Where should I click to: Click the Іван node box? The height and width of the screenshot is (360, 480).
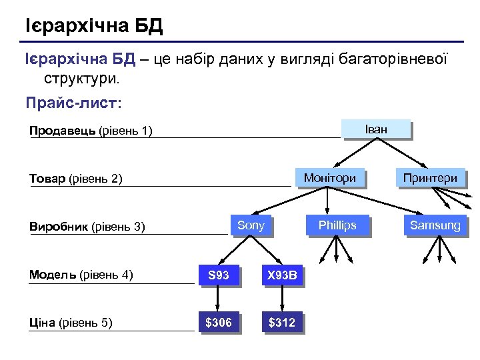click(x=375, y=129)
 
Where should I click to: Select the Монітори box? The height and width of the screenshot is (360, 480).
click(x=329, y=178)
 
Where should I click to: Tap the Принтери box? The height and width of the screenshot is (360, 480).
click(x=430, y=178)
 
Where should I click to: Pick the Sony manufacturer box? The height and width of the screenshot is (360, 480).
click(x=251, y=225)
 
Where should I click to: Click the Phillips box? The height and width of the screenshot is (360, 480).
click(x=337, y=225)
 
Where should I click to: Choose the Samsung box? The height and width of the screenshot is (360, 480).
click(x=435, y=225)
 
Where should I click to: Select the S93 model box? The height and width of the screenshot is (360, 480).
click(x=219, y=275)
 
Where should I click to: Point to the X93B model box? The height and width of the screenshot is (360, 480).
click(x=282, y=275)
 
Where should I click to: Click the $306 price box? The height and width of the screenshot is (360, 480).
click(x=219, y=323)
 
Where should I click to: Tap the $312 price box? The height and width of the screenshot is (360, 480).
click(x=282, y=323)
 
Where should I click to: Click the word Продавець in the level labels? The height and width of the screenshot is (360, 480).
click(x=62, y=131)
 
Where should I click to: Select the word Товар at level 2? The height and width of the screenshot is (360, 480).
click(x=47, y=179)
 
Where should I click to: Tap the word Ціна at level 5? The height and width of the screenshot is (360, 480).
click(x=43, y=323)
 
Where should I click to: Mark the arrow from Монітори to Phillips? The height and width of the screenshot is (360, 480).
click(x=329, y=201)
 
